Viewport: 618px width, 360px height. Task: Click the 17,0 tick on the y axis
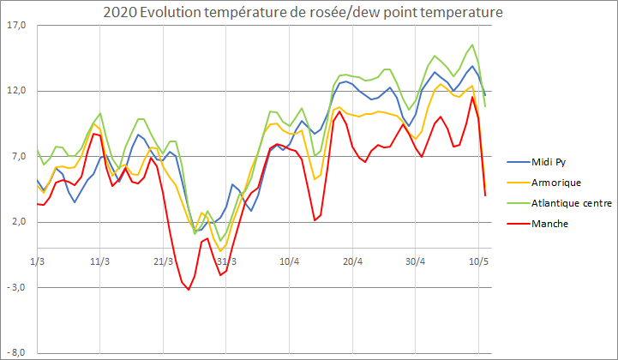click(x=16, y=26)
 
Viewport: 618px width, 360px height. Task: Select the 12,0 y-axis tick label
click(x=16, y=91)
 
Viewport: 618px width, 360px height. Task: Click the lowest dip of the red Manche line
click(x=189, y=290)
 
